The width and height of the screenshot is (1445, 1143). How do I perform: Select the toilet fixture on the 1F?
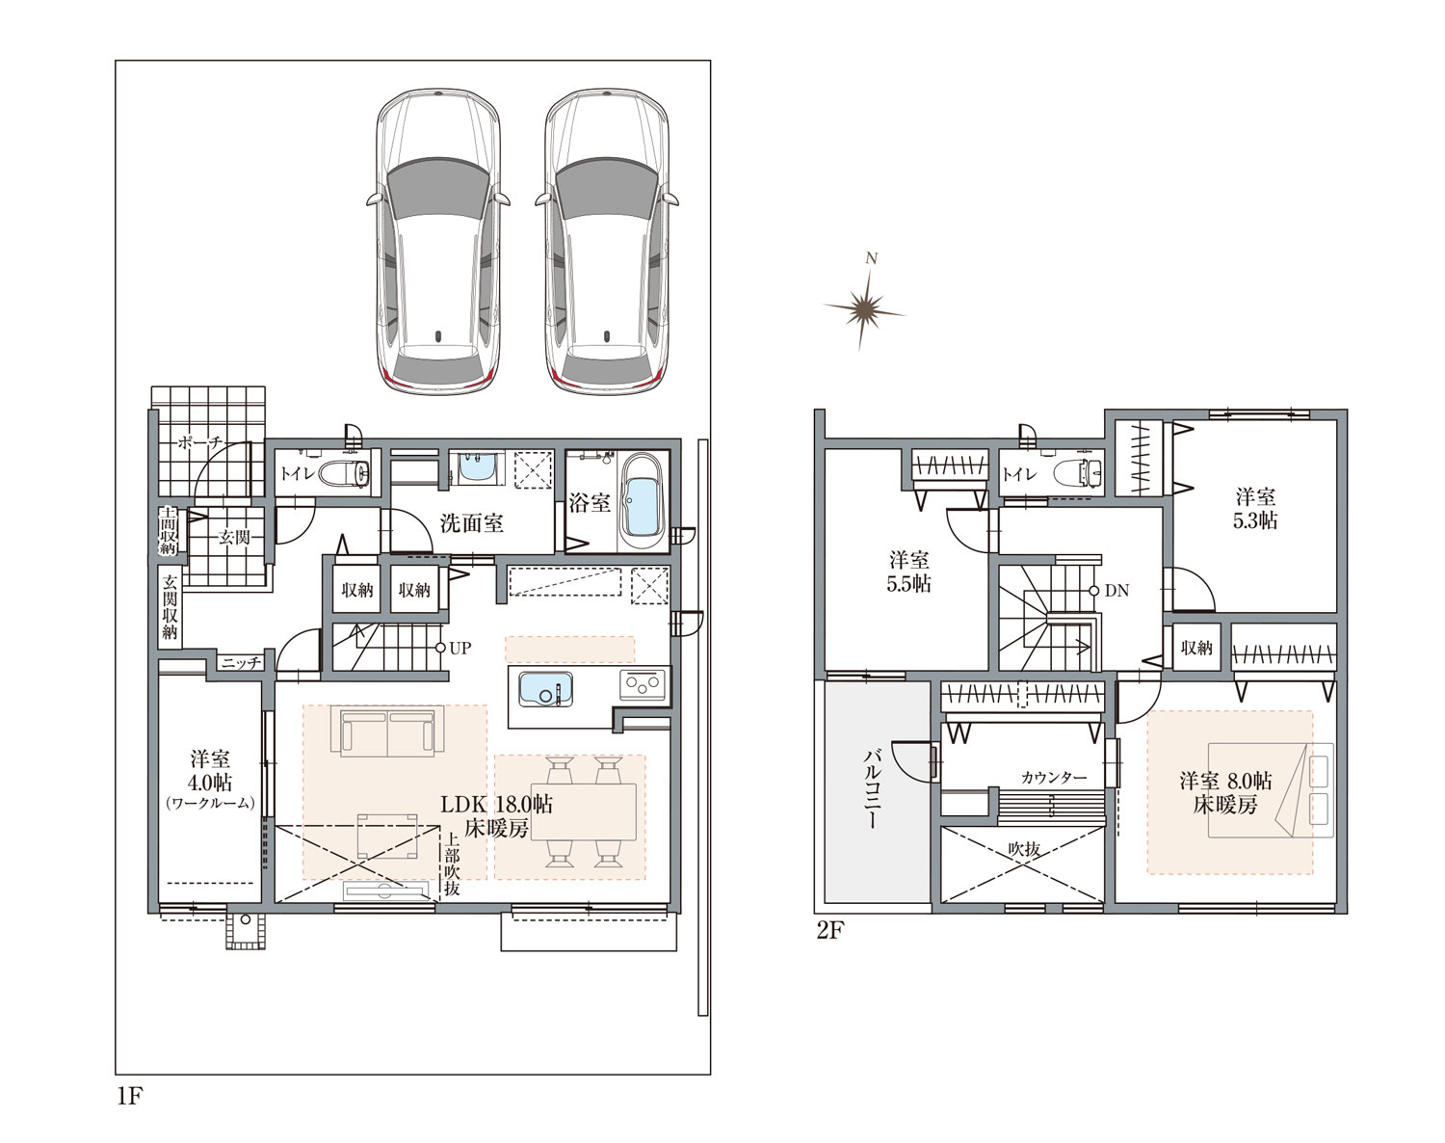[x=342, y=474]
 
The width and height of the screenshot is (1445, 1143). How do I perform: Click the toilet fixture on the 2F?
[x=1077, y=473]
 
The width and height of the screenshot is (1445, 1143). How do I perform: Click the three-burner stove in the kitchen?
[x=643, y=684]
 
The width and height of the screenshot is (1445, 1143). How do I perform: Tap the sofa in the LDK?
[x=387, y=732]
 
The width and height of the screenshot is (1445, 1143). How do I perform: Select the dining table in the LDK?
[x=584, y=812]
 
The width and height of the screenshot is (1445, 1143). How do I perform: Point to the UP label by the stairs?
[x=460, y=649]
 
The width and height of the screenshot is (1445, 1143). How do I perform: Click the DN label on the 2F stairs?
[x=1117, y=591]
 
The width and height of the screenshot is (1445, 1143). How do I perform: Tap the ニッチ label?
[x=241, y=663]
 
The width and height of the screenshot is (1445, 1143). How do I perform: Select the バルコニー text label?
[x=873, y=788]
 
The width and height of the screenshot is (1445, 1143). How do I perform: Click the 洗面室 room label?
[x=472, y=522]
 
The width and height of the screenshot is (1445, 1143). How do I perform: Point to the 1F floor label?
[x=130, y=1097]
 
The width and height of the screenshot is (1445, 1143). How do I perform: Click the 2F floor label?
[x=829, y=931]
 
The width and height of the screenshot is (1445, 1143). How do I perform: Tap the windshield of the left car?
[x=437, y=187]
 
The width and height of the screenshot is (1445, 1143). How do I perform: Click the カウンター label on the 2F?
[x=1054, y=778]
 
